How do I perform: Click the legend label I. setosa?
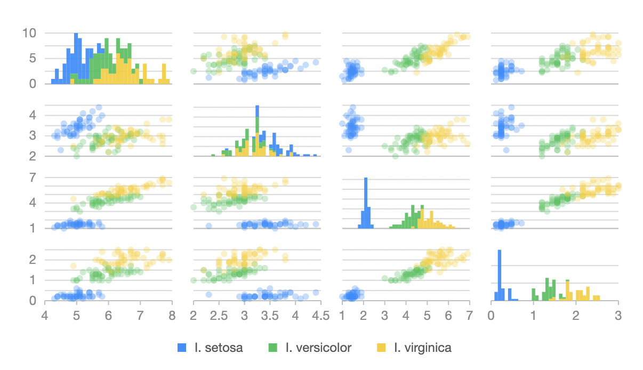pyautogui.click(x=219, y=348)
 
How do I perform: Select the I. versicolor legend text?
pyautogui.click(x=318, y=348)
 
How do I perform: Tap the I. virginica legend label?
pyautogui.click(x=422, y=348)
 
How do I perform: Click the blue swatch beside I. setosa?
pyautogui.click(x=182, y=348)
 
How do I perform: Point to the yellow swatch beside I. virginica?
pyautogui.click(x=381, y=348)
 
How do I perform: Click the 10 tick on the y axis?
pyautogui.click(x=29, y=33)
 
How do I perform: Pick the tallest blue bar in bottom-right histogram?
pyautogui.click(x=500, y=275)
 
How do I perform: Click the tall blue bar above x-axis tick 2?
pyautogui.click(x=366, y=203)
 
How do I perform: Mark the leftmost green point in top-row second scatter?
pyautogui.click(x=194, y=71)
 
